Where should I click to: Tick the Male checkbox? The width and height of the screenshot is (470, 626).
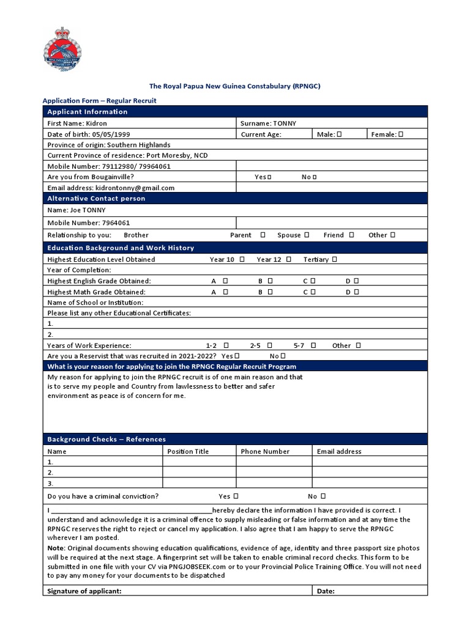point(339,134)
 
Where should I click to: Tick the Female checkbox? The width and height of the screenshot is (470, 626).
point(401,134)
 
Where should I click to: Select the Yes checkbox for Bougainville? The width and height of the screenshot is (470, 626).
point(269,177)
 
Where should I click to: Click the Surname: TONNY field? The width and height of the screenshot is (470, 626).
point(269,123)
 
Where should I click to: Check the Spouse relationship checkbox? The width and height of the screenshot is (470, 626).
point(307,235)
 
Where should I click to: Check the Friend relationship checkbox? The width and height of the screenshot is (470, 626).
point(351,235)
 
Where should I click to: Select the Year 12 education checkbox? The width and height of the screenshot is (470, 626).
point(289,259)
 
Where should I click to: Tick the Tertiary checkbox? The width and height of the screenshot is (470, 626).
point(335,259)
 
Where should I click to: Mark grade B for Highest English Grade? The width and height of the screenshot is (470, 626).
point(270,281)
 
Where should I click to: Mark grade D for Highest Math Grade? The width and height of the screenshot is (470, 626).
point(356,292)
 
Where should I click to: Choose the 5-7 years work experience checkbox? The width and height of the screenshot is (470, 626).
point(313,345)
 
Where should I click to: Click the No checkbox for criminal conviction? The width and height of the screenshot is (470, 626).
point(323,496)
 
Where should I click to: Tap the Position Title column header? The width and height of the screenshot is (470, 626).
point(188,452)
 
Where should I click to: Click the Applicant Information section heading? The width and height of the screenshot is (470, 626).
point(88,112)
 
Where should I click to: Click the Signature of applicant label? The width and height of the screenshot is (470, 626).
point(84,591)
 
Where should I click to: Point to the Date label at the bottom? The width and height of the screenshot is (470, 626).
point(326,591)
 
